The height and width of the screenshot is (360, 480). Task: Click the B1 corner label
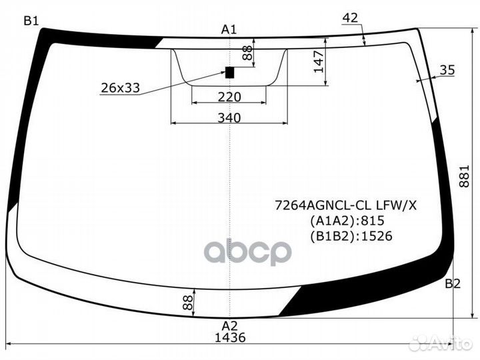click(31, 21)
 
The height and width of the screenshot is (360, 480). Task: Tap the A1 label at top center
click(229, 30)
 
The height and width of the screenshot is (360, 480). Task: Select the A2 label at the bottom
click(229, 325)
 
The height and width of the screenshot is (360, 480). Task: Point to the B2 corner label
click(453, 284)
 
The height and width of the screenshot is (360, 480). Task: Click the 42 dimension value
click(350, 18)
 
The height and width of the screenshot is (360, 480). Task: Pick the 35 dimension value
click(447, 70)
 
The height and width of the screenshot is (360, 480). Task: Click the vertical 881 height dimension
click(464, 176)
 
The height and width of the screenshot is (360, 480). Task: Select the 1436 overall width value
click(230, 337)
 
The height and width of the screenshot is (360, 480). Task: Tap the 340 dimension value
click(229, 118)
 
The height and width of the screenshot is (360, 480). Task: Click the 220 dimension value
click(229, 97)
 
